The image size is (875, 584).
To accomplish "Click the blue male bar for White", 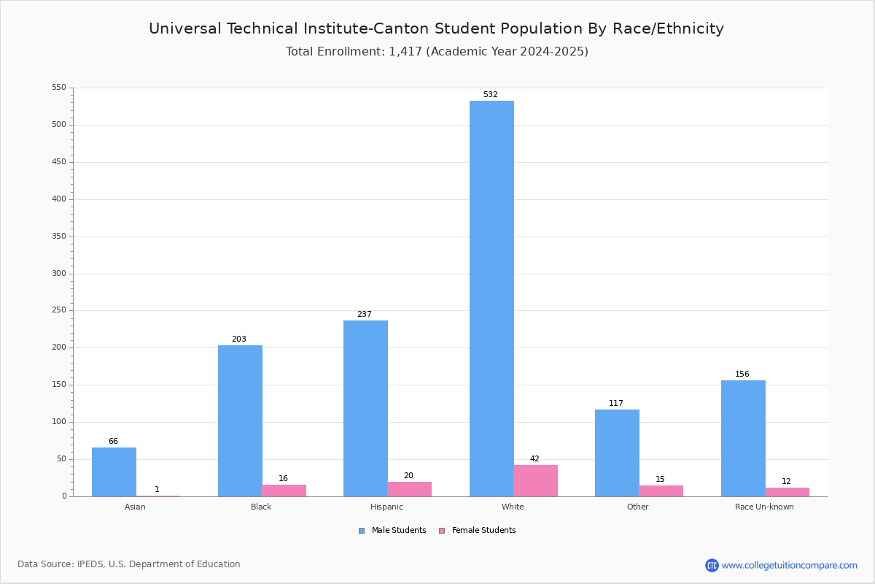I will [491, 299].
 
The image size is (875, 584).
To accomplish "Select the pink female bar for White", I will [535, 481].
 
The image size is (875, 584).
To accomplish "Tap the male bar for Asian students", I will [114, 472].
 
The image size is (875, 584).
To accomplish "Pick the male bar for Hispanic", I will [365, 408].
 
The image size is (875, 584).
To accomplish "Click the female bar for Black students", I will [284, 491].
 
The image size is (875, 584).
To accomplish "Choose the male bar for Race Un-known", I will [743, 438].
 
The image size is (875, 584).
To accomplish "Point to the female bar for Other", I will [661, 491].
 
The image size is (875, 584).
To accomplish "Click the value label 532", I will [490, 95].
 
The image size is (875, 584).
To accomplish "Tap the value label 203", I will [239, 339].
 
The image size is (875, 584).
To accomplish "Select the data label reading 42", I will [534, 459].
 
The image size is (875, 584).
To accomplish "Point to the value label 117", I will [616, 404].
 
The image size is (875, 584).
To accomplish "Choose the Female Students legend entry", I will [478, 531].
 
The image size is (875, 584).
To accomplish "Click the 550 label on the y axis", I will [58, 88].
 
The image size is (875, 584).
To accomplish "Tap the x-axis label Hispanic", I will [386, 507].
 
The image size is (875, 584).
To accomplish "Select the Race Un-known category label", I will [764, 507].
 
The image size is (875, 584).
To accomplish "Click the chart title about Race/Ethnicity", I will [436, 28].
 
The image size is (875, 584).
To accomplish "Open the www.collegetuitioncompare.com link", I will [789, 565].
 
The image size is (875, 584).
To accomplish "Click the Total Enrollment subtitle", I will [437, 52].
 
